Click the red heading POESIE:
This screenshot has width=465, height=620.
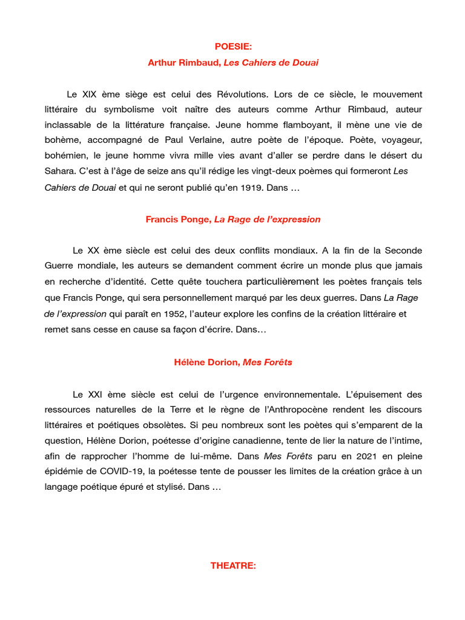233,47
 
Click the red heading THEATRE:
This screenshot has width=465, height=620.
233,566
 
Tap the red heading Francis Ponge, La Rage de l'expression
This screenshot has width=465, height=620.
233,219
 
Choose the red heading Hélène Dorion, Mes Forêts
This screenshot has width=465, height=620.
233,362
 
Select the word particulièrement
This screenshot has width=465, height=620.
283,282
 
